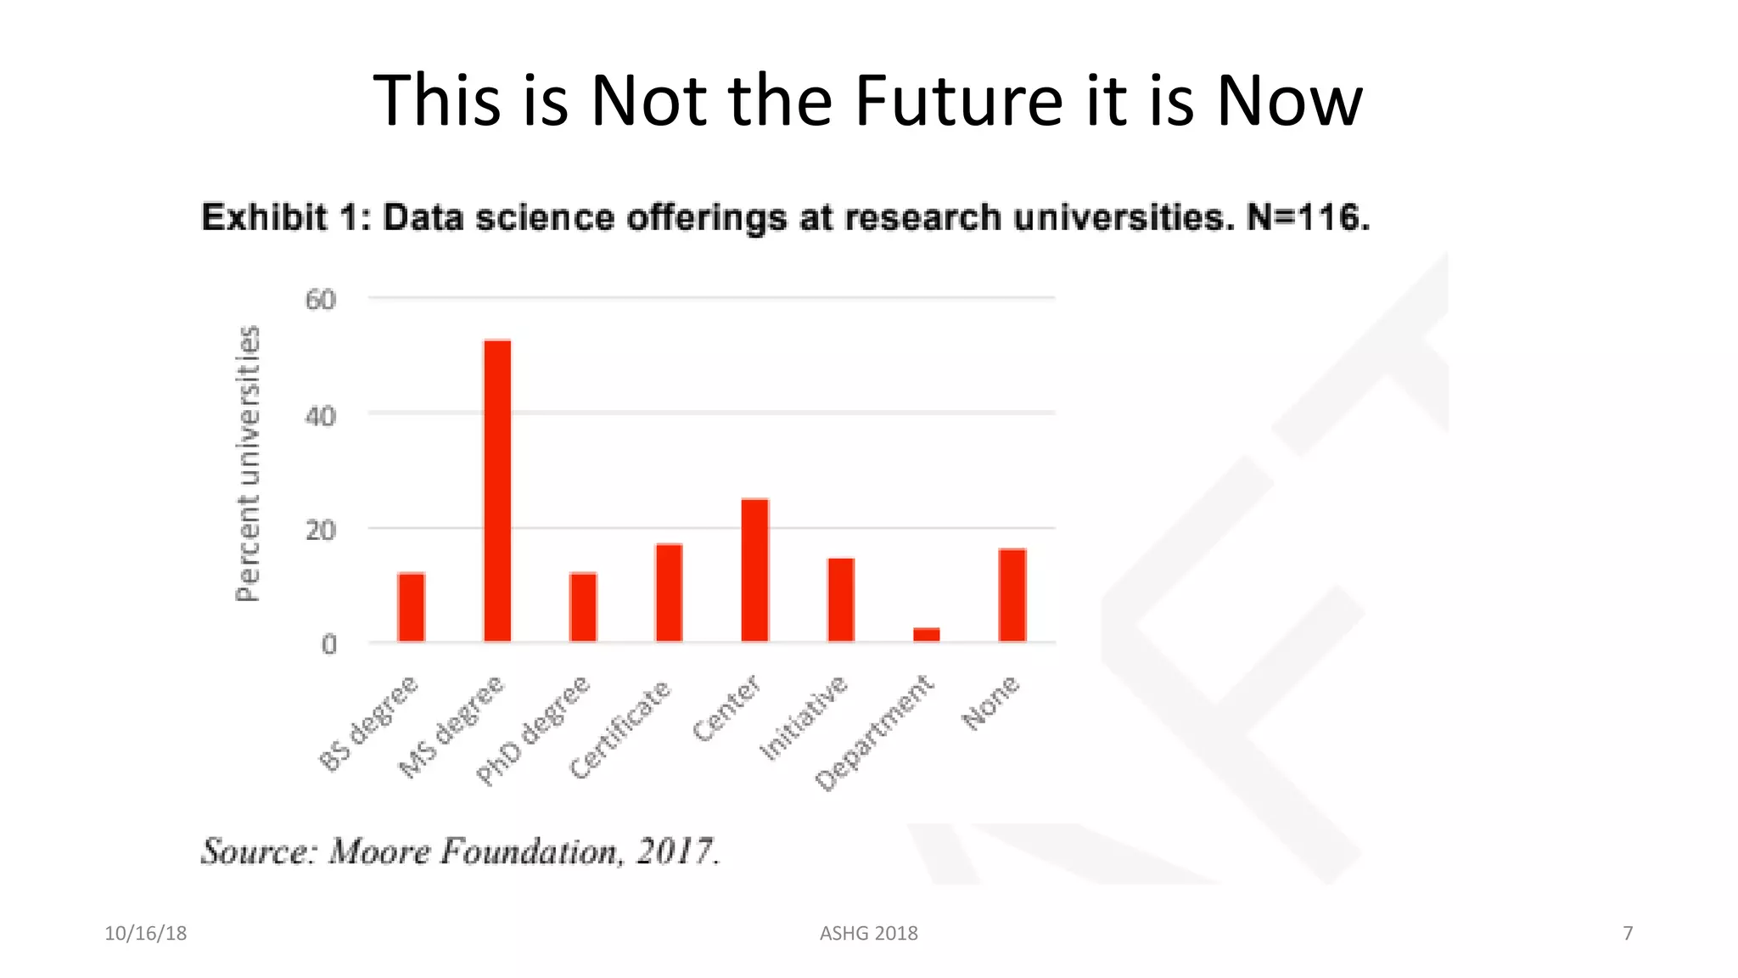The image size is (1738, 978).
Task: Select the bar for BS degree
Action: pos(412,607)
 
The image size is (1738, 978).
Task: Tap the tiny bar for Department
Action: pos(926,634)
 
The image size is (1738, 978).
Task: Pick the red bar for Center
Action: pos(754,570)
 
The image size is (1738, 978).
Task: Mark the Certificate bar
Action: pos(669,592)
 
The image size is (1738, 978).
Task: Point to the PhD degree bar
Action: pos(583,607)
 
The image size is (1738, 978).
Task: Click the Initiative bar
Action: pos(841,599)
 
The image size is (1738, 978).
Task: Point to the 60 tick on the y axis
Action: pos(321,300)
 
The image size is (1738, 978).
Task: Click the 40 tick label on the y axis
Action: pos(321,416)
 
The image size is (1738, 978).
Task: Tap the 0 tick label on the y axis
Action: pos(328,644)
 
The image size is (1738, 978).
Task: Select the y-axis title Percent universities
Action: pos(247,464)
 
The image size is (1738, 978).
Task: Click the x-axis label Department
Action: pos(874,733)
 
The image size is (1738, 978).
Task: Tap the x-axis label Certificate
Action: pos(620,729)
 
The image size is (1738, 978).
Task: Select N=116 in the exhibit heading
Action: pos(1308,218)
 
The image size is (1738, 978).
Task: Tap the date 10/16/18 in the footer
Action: pos(145,933)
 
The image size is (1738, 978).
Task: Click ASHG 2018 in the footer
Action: pos(868,933)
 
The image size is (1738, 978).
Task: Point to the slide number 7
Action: pos(1627,933)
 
